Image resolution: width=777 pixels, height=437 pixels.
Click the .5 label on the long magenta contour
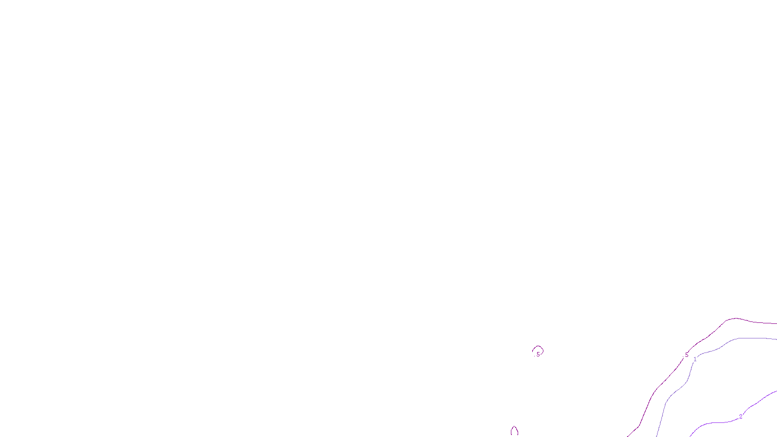coord(686,355)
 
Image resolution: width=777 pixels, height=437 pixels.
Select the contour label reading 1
coord(695,359)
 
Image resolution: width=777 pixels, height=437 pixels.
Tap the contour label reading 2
coord(741,417)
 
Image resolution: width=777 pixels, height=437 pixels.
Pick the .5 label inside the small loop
coord(538,354)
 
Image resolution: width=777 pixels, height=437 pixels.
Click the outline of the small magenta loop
coord(538,347)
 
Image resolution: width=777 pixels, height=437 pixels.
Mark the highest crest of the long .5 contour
coord(736,319)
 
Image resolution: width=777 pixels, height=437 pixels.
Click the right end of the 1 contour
coord(776,339)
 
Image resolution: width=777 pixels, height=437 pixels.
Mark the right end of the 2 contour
coord(776,391)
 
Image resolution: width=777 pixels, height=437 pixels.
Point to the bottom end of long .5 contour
coord(628,436)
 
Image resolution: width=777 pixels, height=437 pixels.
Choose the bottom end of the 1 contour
coord(657,436)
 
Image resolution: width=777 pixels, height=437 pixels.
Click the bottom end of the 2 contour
coord(690,436)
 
